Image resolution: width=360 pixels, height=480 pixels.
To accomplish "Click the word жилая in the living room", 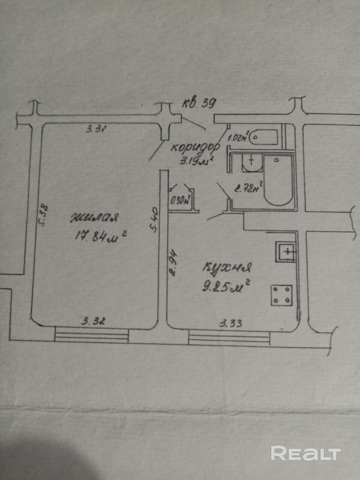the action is point(94,218).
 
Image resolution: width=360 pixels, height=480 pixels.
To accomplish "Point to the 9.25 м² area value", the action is point(226,287).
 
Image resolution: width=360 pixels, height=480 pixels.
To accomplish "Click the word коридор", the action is point(195,147).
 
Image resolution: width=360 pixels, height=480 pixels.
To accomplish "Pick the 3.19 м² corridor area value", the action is point(197,162).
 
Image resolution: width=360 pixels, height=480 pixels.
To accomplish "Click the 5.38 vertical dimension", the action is point(44,215).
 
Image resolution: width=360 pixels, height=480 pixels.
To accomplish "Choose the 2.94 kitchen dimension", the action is point(173,262).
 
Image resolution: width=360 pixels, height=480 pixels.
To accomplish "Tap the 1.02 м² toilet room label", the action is point(238,138).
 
